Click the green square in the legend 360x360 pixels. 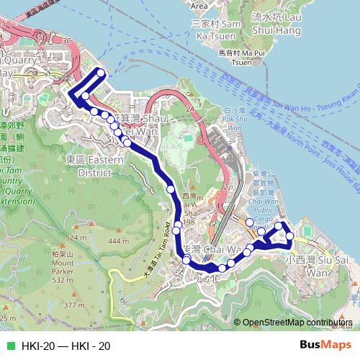point(9,346)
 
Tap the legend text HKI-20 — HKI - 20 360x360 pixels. point(66,346)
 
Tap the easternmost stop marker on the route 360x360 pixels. point(291,236)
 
